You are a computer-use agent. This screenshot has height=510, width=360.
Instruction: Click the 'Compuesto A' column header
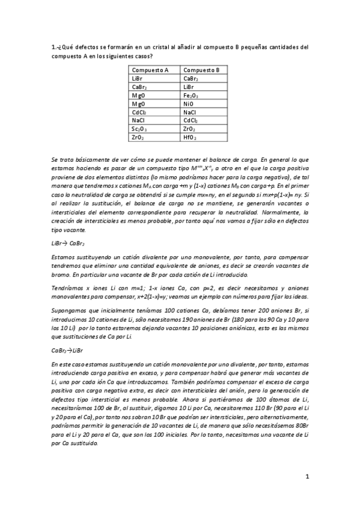(x=150, y=70)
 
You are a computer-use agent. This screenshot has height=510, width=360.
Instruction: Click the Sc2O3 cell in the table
(x=139, y=129)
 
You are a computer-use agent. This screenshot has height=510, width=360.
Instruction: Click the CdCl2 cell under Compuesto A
(x=139, y=112)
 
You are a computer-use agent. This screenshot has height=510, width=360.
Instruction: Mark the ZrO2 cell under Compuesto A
(x=138, y=137)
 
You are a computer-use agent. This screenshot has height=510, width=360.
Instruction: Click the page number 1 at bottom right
(x=307, y=477)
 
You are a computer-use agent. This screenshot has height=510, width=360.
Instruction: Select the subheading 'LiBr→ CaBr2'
(x=69, y=243)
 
